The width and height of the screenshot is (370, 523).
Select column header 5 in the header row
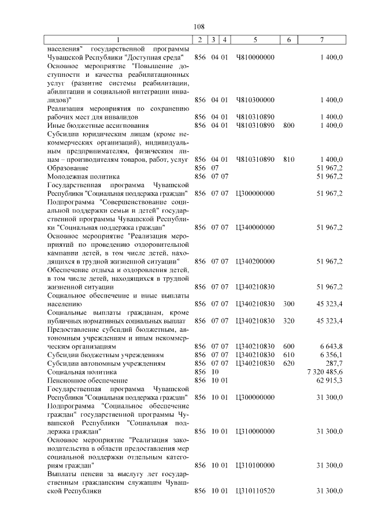[255, 40]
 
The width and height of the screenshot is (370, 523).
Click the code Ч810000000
[255, 58]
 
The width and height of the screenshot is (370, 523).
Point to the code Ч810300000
[255, 100]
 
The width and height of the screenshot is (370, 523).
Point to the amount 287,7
[333, 363]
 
